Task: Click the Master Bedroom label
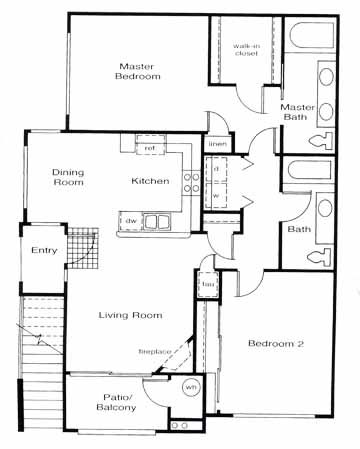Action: click(x=138, y=71)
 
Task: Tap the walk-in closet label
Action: click(x=246, y=50)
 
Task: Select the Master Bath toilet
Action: click(x=321, y=141)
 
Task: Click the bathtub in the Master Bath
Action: click(x=311, y=35)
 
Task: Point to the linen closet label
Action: click(x=218, y=144)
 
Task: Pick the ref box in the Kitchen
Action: click(x=150, y=148)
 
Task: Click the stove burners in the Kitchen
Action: click(x=192, y=181)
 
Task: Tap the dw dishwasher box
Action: click(x=131, y=221)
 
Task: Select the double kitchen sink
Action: click(x=156, y=221)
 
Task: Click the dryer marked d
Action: click(x=216, y=169)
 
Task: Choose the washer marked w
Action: click(x=216, y=196)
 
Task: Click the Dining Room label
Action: click(x=68, y=177)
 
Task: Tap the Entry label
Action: click(x=44, y=250)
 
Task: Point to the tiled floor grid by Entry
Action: click(x=83, y=248)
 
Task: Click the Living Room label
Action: click(x=130, y=315)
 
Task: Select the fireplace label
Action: click(x=155, y=351)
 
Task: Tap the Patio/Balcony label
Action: click(x=116, y=402)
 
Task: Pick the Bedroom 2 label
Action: click(x=276, y=343)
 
